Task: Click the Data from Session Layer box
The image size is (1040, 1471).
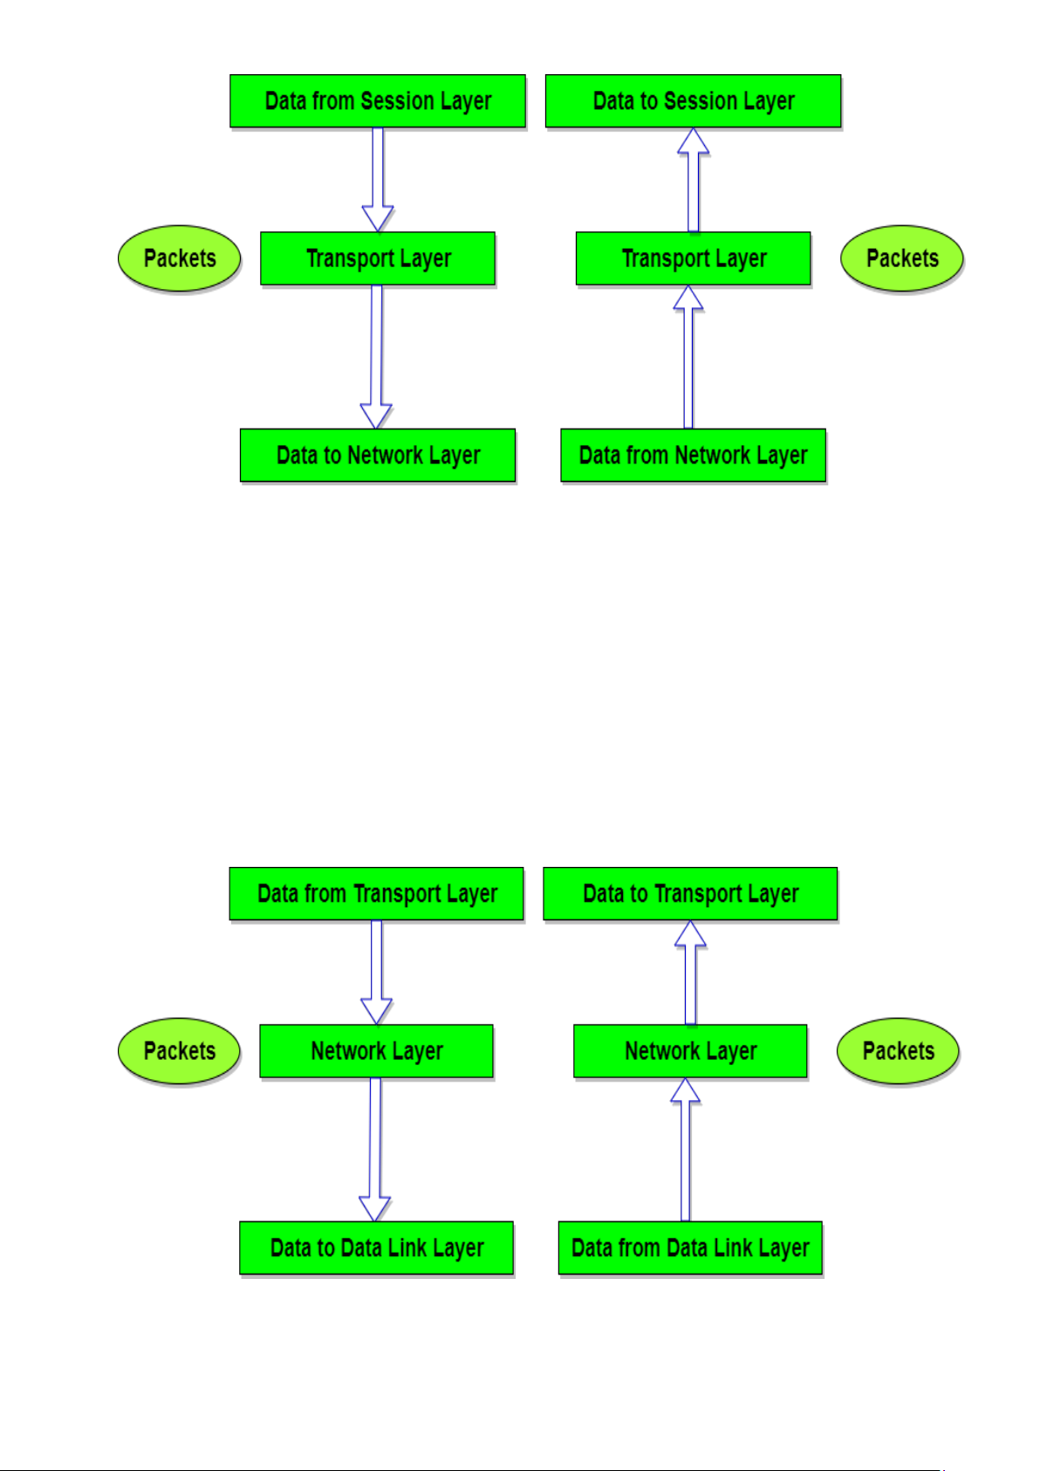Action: pos(377,101)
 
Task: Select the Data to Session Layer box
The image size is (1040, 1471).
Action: pos(693,101)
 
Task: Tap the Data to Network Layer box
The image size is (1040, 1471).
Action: pos(377,455)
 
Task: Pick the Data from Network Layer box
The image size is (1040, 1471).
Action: pos(693,455)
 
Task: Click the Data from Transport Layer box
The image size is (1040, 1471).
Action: pos(376,894)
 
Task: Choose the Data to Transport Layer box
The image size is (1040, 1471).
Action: pos(690,894)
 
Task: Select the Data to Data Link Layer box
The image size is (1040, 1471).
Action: pos(376,1248)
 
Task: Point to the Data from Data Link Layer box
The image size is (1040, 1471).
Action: pos(690,1248)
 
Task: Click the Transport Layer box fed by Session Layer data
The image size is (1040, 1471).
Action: pos(377,258)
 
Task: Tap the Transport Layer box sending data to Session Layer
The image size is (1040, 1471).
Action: pos(693,258)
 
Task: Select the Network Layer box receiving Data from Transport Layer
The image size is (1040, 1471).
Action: pos(376,1051)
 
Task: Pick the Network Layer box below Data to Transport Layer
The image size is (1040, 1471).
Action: pos(690,1051)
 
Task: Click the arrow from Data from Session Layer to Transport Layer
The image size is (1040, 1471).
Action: pos(378,179)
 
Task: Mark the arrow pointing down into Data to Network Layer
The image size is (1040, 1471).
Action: pos(377,356)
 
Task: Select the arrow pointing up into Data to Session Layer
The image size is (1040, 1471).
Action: pos(693,179)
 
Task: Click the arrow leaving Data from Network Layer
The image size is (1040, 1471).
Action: pos(688,356)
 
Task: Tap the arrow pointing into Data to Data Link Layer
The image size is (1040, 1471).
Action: pos(375,1149)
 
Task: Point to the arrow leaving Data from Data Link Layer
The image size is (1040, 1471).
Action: pos(685,1149)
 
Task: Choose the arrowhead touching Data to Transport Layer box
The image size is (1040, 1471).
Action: pos(690,933)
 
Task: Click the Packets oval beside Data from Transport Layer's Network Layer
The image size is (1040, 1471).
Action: pos(179,1051)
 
